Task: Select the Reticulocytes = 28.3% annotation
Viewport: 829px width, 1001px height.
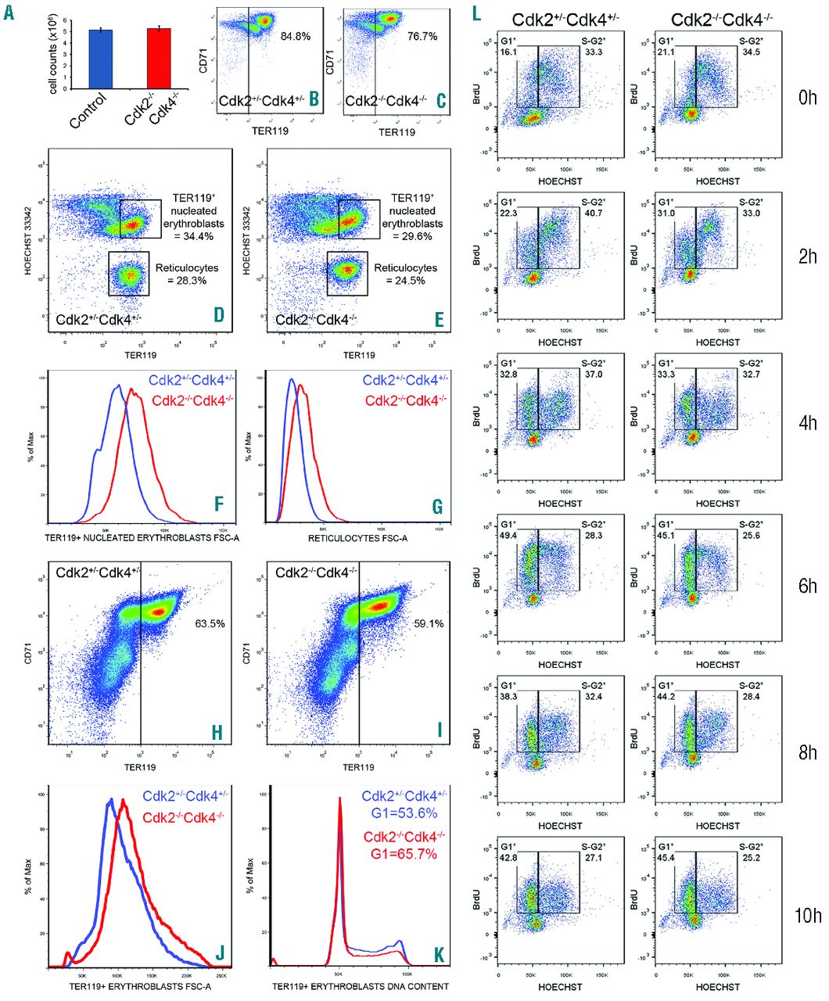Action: tap(187, 274)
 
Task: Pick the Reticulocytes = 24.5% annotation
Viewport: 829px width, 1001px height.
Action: tap(405, 274)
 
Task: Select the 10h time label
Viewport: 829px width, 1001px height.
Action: tap(808, 915)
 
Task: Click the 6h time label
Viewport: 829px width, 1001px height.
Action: tap(808, 584)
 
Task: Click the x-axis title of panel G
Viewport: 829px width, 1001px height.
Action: tap(357, 538)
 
